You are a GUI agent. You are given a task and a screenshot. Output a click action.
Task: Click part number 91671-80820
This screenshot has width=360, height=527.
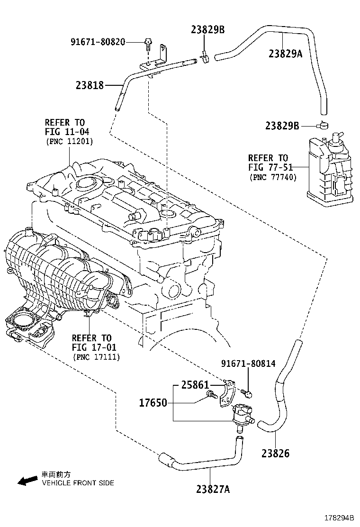tap(98, 42)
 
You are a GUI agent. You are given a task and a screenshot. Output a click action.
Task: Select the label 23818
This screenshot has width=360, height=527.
tap(90, 85)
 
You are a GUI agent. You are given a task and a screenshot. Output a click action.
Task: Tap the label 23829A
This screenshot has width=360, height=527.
tap(285, 54)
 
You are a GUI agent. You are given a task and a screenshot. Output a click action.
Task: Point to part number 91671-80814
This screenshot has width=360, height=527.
tap(248, 364)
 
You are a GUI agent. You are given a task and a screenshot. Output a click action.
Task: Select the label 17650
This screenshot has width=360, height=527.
tap(153, 403)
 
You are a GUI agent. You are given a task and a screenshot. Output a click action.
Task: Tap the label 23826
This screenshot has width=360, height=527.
tap(275, 454)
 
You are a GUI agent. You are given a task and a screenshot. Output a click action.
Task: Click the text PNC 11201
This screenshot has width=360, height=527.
tap(70, 141)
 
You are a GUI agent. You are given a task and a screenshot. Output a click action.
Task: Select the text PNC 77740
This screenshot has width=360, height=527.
tap(273, 177)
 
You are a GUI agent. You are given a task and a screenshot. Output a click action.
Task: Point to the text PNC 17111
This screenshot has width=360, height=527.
tap(97, 357)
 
